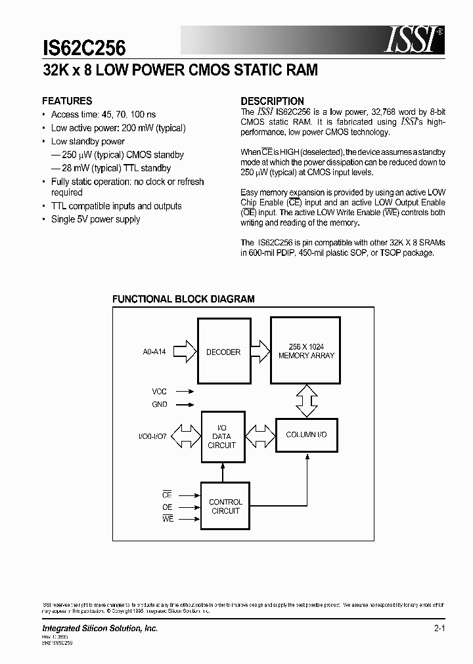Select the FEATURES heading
pos(67,101)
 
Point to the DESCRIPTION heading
pos(272,101)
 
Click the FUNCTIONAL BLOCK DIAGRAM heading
pos(183,299)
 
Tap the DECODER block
pos(223,352)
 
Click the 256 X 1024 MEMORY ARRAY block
pos(306,351)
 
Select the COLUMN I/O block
pos(306,434)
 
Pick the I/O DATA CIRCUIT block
pos(222,436)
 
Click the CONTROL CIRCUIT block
pos(225,506)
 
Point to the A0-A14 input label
pos(154,352)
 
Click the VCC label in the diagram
pos(160,392)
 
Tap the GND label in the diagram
pos(160,405)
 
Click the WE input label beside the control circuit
pos(167,519)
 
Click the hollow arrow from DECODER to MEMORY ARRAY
pos(257,351)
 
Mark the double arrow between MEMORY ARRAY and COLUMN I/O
pos(306,401)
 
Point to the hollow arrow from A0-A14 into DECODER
pos(186,351)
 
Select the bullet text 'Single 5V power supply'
pos(96,220)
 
